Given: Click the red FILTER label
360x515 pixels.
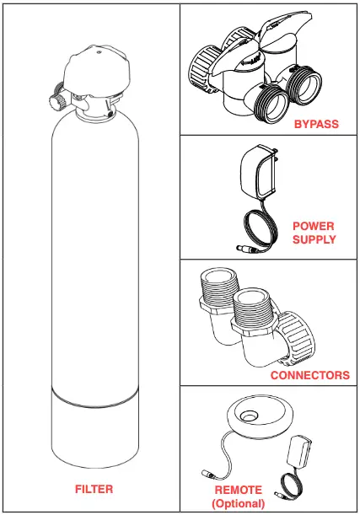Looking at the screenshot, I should pyautogui.click(x=93, y=489).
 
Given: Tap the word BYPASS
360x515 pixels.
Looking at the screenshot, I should pyautogui.click(x=316, y=124).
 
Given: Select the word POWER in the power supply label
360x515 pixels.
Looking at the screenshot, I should pyautogui.click(x=314, y=227).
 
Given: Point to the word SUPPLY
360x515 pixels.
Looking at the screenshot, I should pyautogui.click(x=314, y=239).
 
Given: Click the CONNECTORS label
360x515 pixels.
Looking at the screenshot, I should pyautogui.click(x=309, y=375).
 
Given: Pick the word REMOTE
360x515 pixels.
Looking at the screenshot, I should pyautogui.click(x=238, y=490).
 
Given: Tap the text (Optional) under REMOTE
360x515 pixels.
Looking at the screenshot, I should pyautogui.click(x=238, y=503).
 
